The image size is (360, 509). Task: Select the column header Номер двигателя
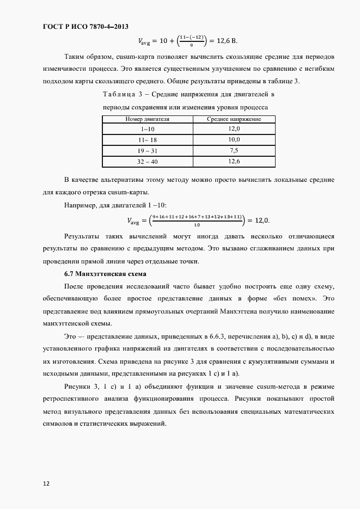pos(147,119)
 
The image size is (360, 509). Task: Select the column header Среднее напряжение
pos(234,119)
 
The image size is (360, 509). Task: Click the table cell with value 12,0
pos(234,128)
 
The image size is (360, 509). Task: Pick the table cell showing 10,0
pos(234,139)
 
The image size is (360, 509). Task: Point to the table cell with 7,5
pos(234,150)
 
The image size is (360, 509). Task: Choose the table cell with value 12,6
pos(234,162)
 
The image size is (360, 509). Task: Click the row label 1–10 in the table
pos(147,128)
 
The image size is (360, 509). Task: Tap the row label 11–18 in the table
pos(147,139)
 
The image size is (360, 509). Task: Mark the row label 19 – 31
pos(147,150)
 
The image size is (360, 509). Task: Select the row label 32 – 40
pos(147,162)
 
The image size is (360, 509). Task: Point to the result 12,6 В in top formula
pos(225,41)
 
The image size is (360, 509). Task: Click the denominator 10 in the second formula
pos(197,224)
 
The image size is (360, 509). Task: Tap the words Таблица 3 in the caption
pos(122,95)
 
